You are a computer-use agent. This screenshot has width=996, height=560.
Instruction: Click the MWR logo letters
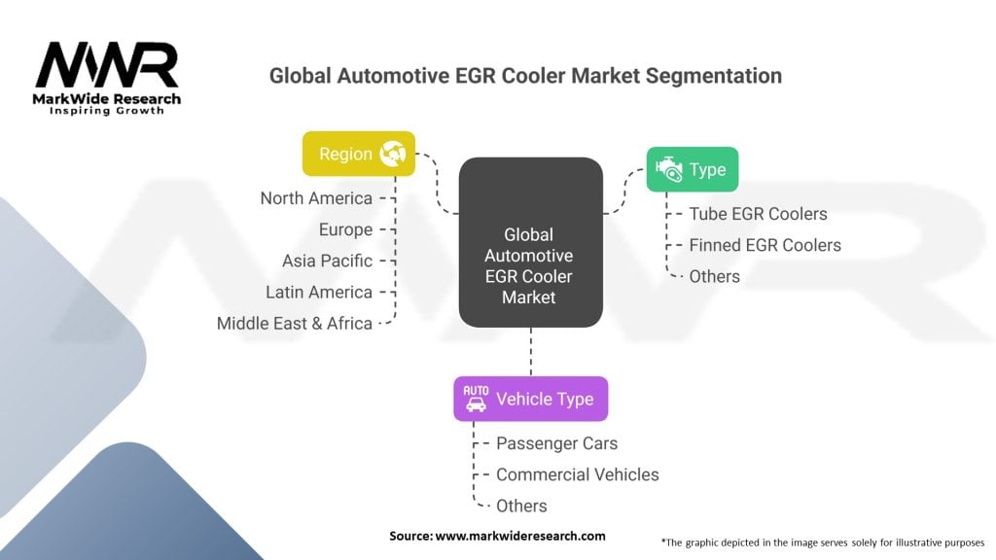[x=107, y=66]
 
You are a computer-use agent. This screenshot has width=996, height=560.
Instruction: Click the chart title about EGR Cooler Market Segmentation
[x=525, y=75]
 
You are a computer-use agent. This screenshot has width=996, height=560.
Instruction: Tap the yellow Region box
[x=359, y=154]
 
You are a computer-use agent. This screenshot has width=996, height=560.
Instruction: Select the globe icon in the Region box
[x=394, y=154]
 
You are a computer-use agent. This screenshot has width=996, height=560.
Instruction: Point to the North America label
[x=316, y=198]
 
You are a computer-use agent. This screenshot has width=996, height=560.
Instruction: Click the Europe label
[x=345, y=229]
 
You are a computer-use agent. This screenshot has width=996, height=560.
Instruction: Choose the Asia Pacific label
[x=327, y=261]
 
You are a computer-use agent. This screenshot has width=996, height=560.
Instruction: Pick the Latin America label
[x=319, y=292]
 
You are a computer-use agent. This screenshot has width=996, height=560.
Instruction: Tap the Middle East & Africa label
[x=295, y=323]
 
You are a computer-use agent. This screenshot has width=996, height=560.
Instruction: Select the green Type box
[x=692, y=169]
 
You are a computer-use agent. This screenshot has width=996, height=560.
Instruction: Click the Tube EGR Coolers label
[x=758, y=214]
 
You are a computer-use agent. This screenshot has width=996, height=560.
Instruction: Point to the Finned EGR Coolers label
[x=765, y=245]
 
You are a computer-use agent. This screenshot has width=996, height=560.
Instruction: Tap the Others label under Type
[x=714, y=276]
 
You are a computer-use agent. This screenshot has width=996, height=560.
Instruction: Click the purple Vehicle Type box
[x=530, y=399]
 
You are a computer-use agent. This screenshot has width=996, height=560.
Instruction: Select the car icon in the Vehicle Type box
[x=476, y=398]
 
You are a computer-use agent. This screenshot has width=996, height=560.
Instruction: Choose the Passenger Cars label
[x=556, y=443]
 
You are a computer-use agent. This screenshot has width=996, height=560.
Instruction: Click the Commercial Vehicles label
[x=577, y=474]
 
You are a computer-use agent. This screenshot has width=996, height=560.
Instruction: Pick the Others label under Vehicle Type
[x=521, y=506]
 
